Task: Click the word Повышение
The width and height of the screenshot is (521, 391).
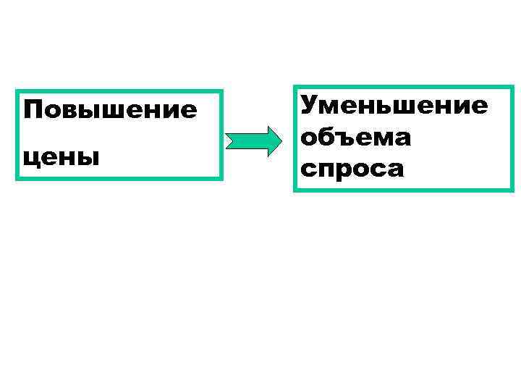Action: pos(110,111)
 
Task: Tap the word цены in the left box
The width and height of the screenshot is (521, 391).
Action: pos(61,156)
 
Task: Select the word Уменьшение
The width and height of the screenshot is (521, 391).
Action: pos(394,106)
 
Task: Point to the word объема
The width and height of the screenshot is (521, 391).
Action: pos(356,137)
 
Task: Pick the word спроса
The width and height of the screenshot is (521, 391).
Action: pos(353,169)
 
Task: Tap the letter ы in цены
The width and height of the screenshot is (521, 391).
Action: pos(87,156)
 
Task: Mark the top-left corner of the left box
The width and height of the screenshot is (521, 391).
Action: pos(17,92)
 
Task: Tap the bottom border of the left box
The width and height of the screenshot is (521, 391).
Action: pos(119,177)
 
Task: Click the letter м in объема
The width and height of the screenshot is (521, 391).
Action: pos(381,137)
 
